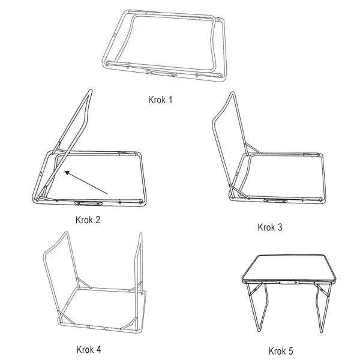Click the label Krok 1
click(x=160, y=100)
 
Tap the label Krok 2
click(x=88, y=220)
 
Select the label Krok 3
click(x=270, y=227)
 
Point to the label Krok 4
click(x=89, y=349)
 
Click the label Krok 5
click(x=281, y=351)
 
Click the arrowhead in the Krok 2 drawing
click(x=67, y=173)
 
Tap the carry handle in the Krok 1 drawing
click(x=162, y=73)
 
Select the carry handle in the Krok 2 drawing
click(x=88, y=203)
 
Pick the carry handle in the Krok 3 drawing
click(x=275, y=201)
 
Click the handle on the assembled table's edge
click(x=287, y=282)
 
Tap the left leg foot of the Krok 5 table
click(x=259, y=329)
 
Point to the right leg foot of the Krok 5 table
click(x=322, y=330)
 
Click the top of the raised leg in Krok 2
click(x=91, y=91)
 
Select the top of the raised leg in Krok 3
click(x=232, y=94)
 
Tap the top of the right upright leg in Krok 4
click(x=140, y=235)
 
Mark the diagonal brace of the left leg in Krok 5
click(x=255, y=290)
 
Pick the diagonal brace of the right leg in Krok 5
click(x=322, y=290)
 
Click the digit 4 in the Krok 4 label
click(x=98, y=349)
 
